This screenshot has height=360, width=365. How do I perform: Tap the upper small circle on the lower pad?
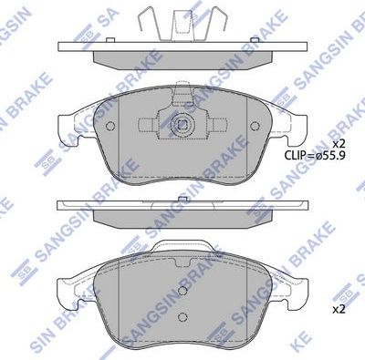[182, 292]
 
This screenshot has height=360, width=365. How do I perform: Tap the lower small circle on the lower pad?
[182, 319]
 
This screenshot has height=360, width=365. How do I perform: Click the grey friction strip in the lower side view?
[182, 221]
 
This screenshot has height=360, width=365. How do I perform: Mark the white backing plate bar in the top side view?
[182, 46]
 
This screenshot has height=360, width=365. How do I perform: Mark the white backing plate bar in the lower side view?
[182, 208]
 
